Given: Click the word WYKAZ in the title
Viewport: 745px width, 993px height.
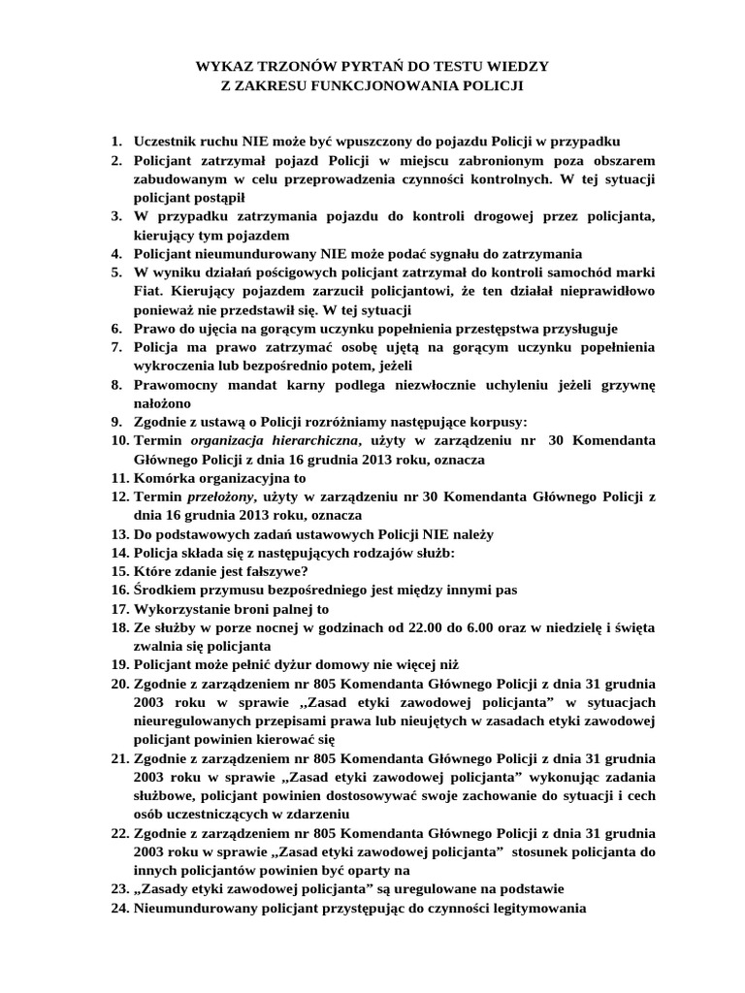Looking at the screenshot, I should (222, 67).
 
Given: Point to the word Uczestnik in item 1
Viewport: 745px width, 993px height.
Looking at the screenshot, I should (167, 141).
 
